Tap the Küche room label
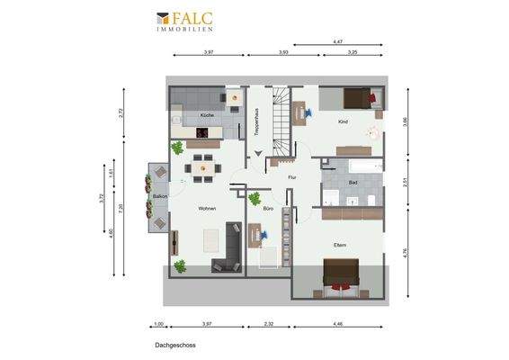(207, 117)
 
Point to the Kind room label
(343, 121)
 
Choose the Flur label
(291, 177)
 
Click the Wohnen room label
(207, 209)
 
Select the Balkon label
(159, 195)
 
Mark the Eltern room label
(339, 245)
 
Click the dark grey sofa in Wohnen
(230, 247)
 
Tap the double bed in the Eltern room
(341, 274)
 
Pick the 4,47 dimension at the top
(338, 42)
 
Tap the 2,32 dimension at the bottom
(268, 324)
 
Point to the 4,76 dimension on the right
(406, 253)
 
